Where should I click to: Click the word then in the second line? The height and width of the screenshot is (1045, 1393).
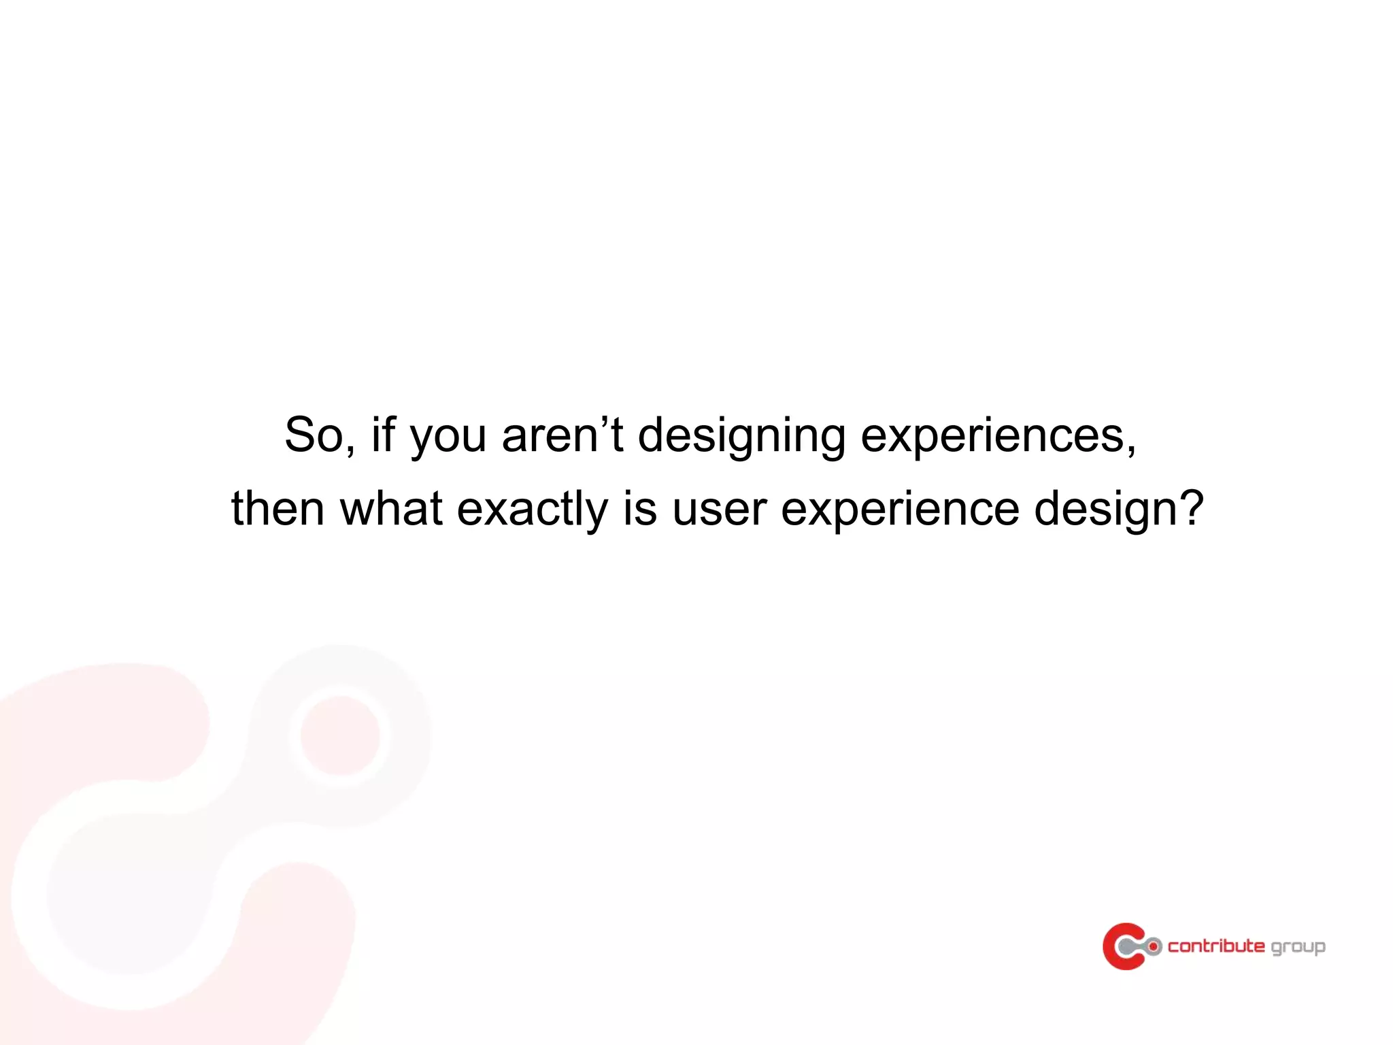coord(278,508)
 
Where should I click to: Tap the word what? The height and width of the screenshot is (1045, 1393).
coord(391,508)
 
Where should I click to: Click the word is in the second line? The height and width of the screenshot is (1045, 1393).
coord(639,508)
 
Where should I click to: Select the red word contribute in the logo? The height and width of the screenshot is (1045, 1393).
coord(1216,946)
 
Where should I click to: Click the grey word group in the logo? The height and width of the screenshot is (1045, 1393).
coord(1298,948)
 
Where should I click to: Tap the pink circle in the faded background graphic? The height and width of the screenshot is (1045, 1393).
coord(340,735)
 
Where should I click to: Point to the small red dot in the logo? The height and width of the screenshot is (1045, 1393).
coord(1154,946)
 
